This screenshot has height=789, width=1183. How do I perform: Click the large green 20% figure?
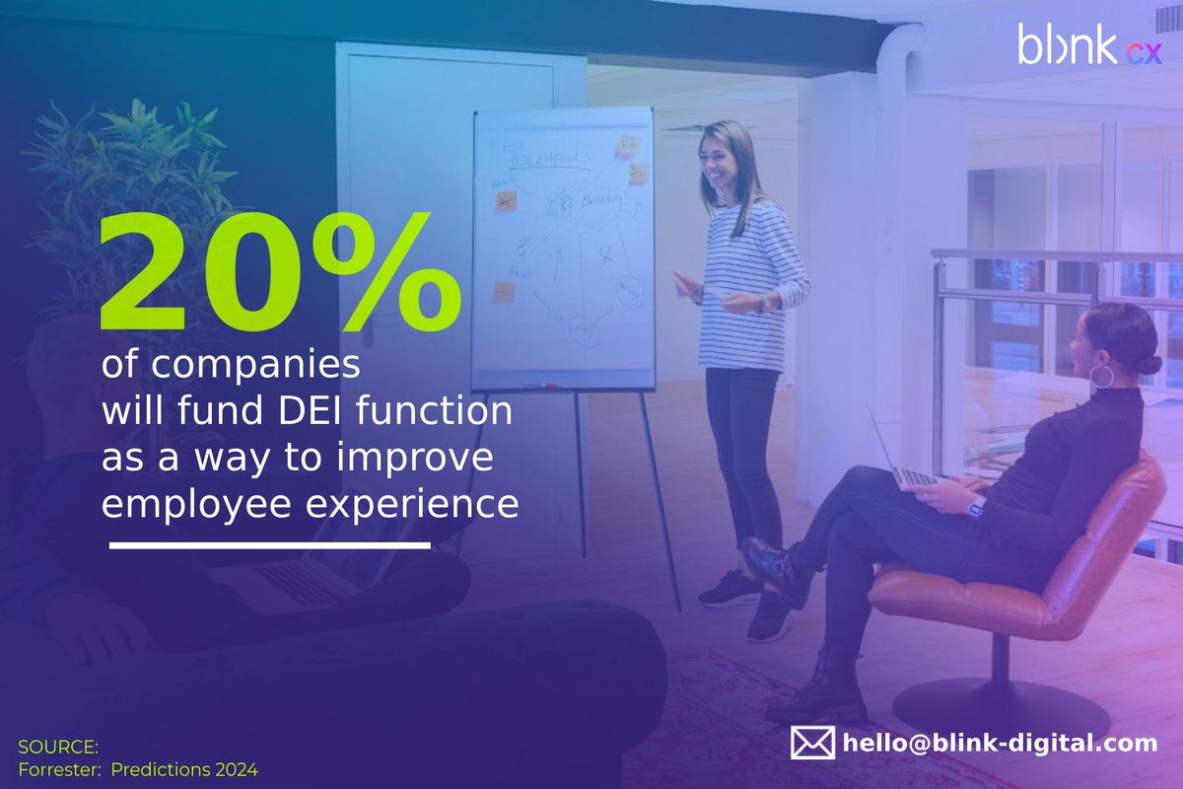279,274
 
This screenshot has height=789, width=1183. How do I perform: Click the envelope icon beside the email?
812,743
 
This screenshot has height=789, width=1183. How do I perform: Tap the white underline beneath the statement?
269,544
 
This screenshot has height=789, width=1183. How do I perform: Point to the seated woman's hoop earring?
1100,376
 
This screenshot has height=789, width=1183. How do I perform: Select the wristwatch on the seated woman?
977,509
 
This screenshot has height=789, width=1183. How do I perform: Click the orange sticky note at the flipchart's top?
627,147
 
